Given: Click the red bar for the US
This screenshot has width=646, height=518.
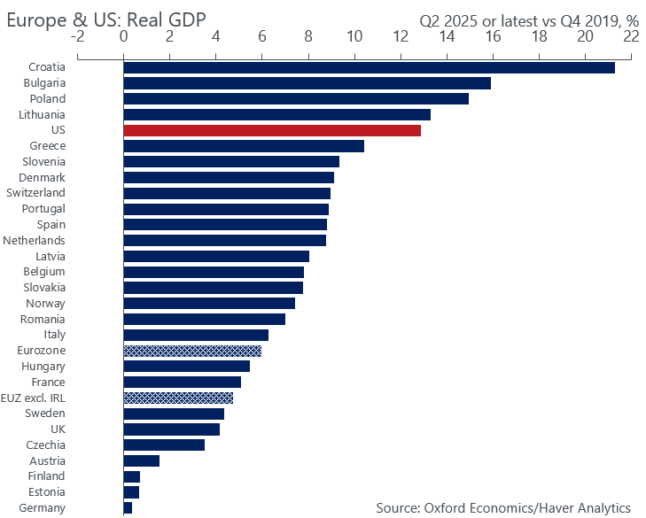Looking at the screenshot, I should coord(272,130).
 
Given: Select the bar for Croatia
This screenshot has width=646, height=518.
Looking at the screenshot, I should coord(369,67).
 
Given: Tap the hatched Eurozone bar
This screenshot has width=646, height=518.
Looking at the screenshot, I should coord(192,351).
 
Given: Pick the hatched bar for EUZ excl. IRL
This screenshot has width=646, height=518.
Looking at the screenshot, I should coord(178,398).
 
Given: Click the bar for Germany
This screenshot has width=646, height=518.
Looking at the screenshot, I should coord(128,507).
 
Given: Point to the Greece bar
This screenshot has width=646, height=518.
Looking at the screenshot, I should coord(244,146).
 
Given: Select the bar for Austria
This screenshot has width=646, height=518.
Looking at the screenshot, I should coord(142,460).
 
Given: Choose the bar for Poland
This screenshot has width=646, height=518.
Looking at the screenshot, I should coord(296,98).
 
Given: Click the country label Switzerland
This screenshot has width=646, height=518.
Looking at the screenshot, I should coord(35,193).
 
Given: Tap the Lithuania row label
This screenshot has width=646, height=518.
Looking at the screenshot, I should coord(42,114).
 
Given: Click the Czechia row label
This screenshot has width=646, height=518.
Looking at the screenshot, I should coord(45,445).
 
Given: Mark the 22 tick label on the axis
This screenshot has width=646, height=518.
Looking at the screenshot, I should coord(631,37).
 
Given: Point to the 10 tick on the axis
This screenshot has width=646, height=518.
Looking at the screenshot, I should coord(354,37).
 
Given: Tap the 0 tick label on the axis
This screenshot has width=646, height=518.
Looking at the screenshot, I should coord(123,37).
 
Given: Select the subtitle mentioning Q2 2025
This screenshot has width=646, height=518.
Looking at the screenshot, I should coord(528,18).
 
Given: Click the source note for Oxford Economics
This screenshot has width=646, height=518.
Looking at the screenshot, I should coord(503,507).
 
